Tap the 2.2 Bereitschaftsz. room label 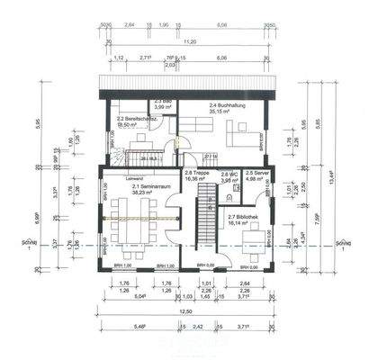[x=131, y=120]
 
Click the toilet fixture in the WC [x=236, y=189]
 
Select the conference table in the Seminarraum [x=136, y=218]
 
